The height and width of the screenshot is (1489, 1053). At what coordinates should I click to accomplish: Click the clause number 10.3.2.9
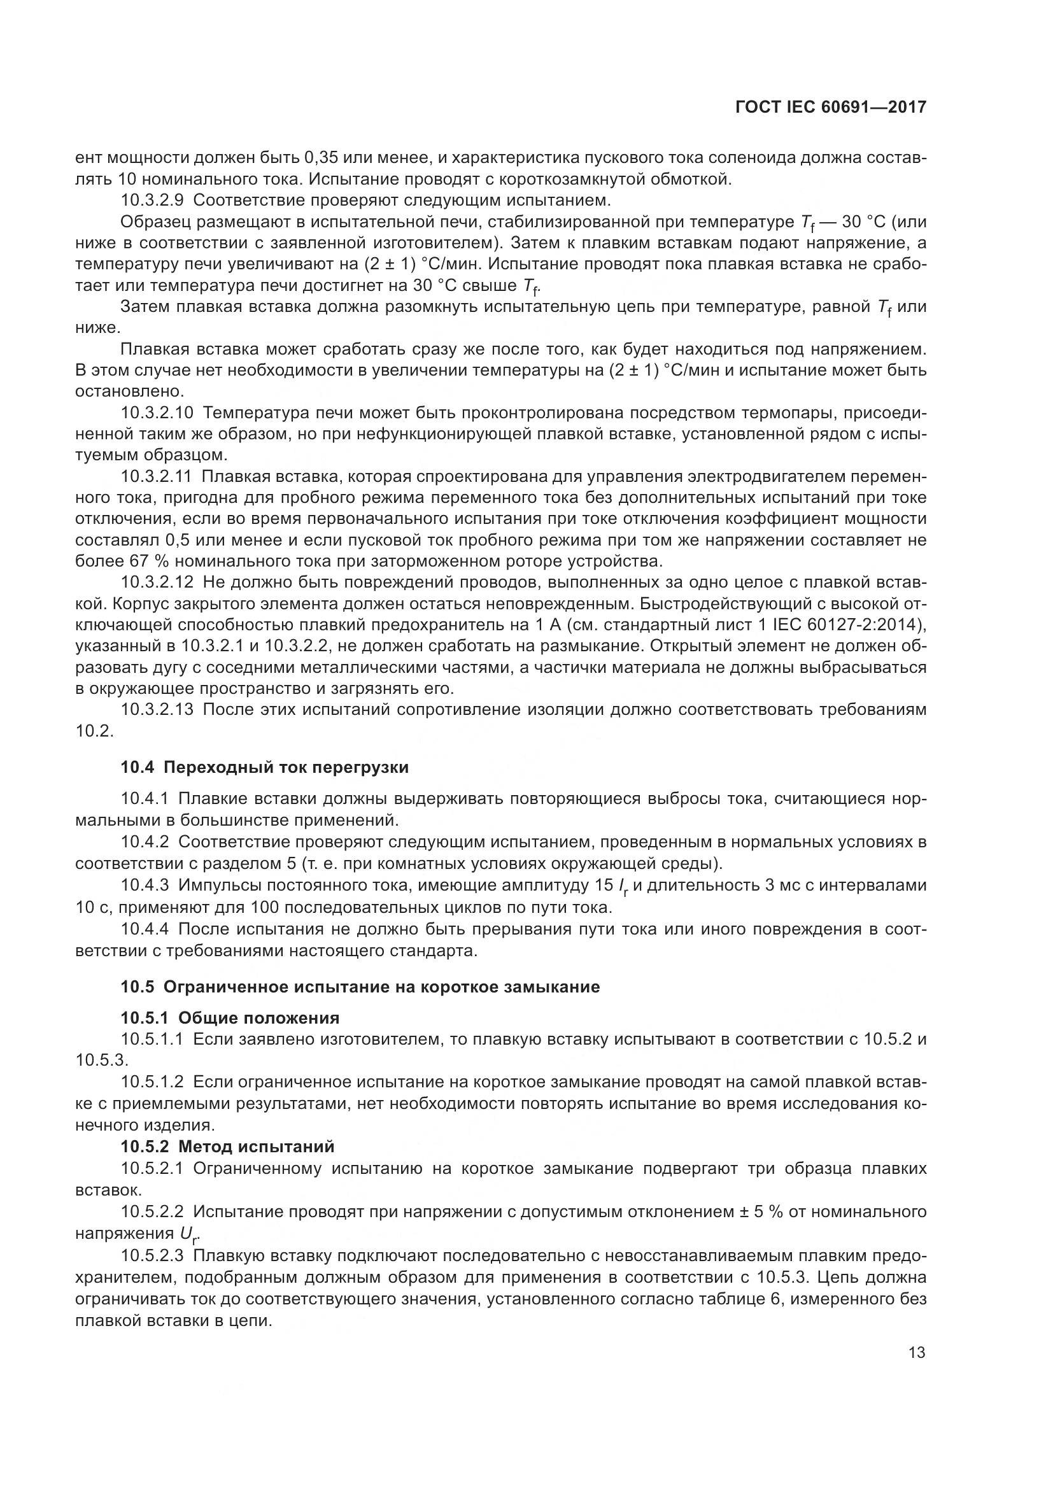152,200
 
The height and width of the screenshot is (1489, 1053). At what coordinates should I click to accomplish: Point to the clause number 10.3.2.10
157,413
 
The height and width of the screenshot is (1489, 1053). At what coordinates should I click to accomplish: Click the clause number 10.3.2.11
156,477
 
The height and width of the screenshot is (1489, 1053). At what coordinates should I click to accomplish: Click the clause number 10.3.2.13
157,709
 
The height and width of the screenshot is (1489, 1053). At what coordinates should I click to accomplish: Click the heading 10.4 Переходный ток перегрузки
265,768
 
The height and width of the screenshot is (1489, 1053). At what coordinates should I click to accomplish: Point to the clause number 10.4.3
145,886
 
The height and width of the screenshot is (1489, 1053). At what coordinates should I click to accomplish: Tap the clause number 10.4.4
145,929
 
